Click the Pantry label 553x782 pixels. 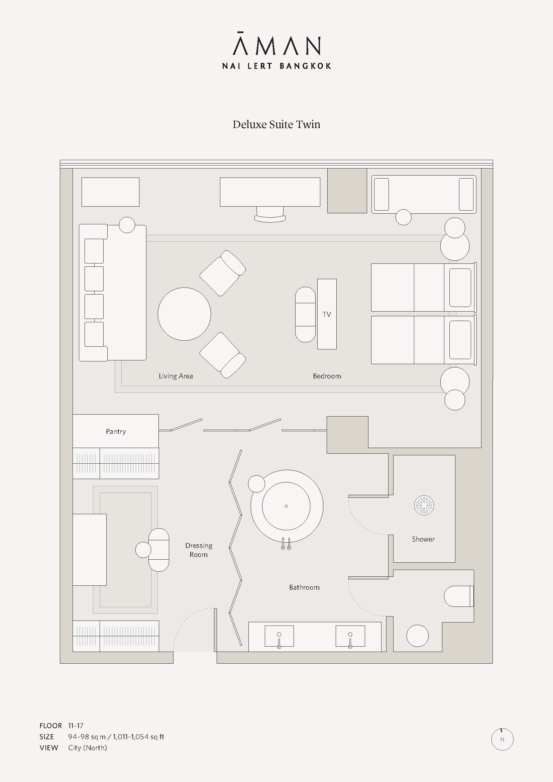(116, 432)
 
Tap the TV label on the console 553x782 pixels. (327, 314)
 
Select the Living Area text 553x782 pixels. (176, 376)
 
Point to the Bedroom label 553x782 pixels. (327, 376)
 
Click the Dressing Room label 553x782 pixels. (199, 550)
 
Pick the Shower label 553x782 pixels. (423, 539)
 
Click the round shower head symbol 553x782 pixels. (424, 505)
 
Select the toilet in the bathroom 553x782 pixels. (459, 596)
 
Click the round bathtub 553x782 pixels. (287, 506)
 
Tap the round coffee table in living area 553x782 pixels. (184, 314)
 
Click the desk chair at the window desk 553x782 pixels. (270, 214)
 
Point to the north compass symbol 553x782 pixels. (502, 739)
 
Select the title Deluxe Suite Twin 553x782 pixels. (276, 124)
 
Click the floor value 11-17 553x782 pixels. (76, 725)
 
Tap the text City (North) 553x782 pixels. (88, 748)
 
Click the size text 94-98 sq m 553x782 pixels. (87, 737)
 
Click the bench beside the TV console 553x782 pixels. (306, 314)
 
